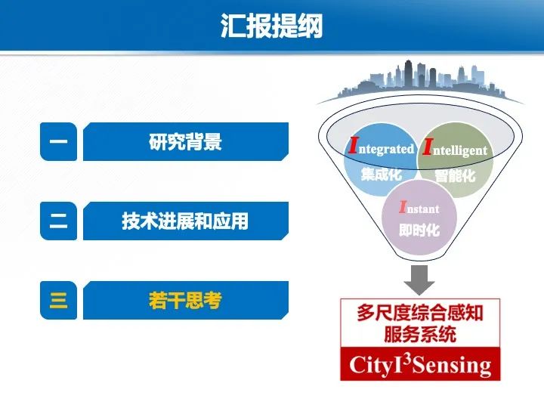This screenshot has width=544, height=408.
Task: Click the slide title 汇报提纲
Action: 271,26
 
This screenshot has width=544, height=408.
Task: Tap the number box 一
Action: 58,142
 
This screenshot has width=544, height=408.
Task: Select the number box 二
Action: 58,221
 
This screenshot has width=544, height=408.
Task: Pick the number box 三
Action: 58,301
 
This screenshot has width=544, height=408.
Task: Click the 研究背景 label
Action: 185,142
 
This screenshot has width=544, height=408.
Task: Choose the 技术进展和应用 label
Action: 185,221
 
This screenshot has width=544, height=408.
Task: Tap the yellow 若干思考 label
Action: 185,301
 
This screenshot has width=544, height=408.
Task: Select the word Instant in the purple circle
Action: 419,208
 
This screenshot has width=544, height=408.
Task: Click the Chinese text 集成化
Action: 381,175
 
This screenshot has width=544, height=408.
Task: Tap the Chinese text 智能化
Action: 455,177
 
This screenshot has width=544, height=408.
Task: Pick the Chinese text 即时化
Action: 419,230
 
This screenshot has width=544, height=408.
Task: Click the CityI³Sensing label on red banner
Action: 419,366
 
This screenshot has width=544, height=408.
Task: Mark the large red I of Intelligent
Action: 427,147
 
